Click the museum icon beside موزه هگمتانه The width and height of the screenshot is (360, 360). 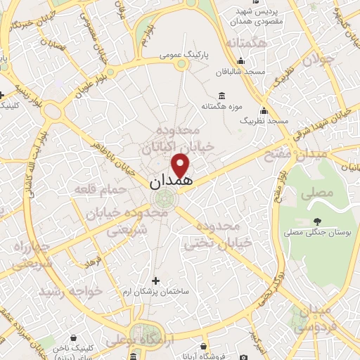(x=222, y=96)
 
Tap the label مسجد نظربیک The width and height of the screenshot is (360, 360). (x=264, y=121)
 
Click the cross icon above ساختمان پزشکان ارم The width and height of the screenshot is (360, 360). (x=155, y=280)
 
